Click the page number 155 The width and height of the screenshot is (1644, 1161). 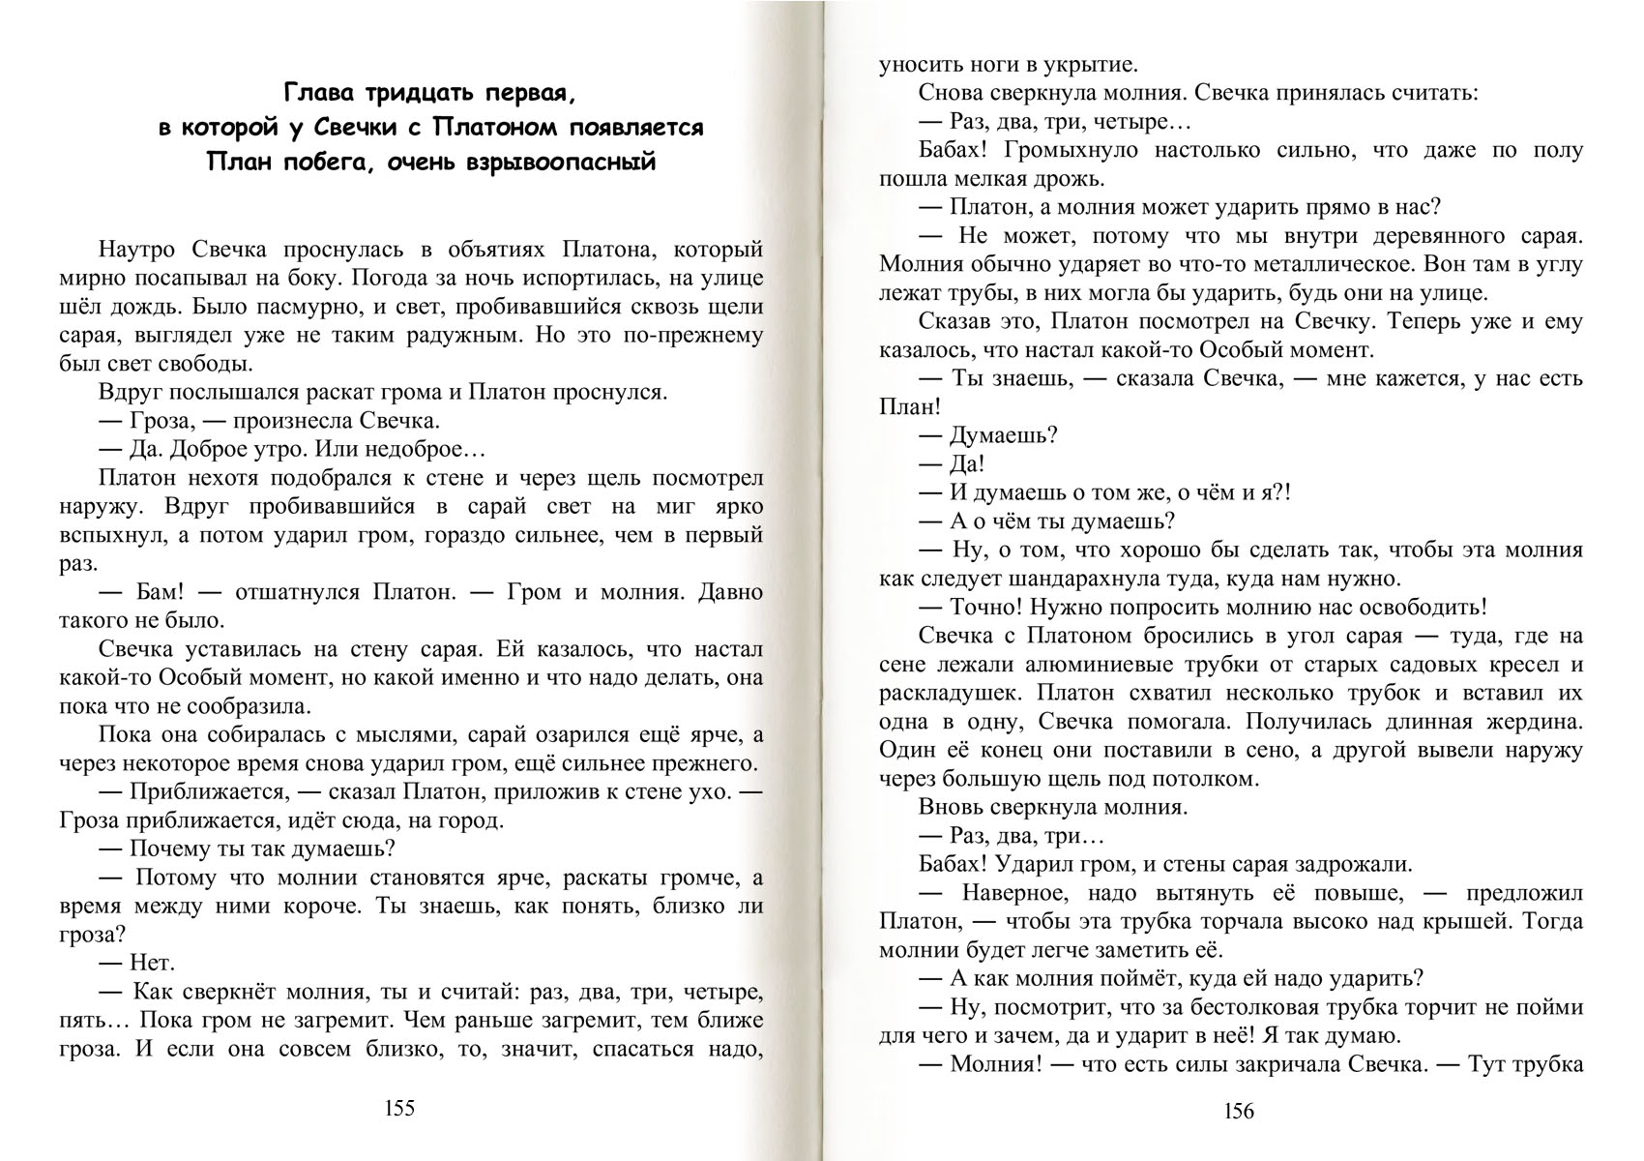pos(399,1109)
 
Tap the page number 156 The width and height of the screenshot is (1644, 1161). pos(1239,1112)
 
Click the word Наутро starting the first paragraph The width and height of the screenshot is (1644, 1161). pos(136,250)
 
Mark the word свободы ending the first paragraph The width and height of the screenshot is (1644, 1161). pos(208,364)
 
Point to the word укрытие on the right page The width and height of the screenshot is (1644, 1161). pos(1091,66)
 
